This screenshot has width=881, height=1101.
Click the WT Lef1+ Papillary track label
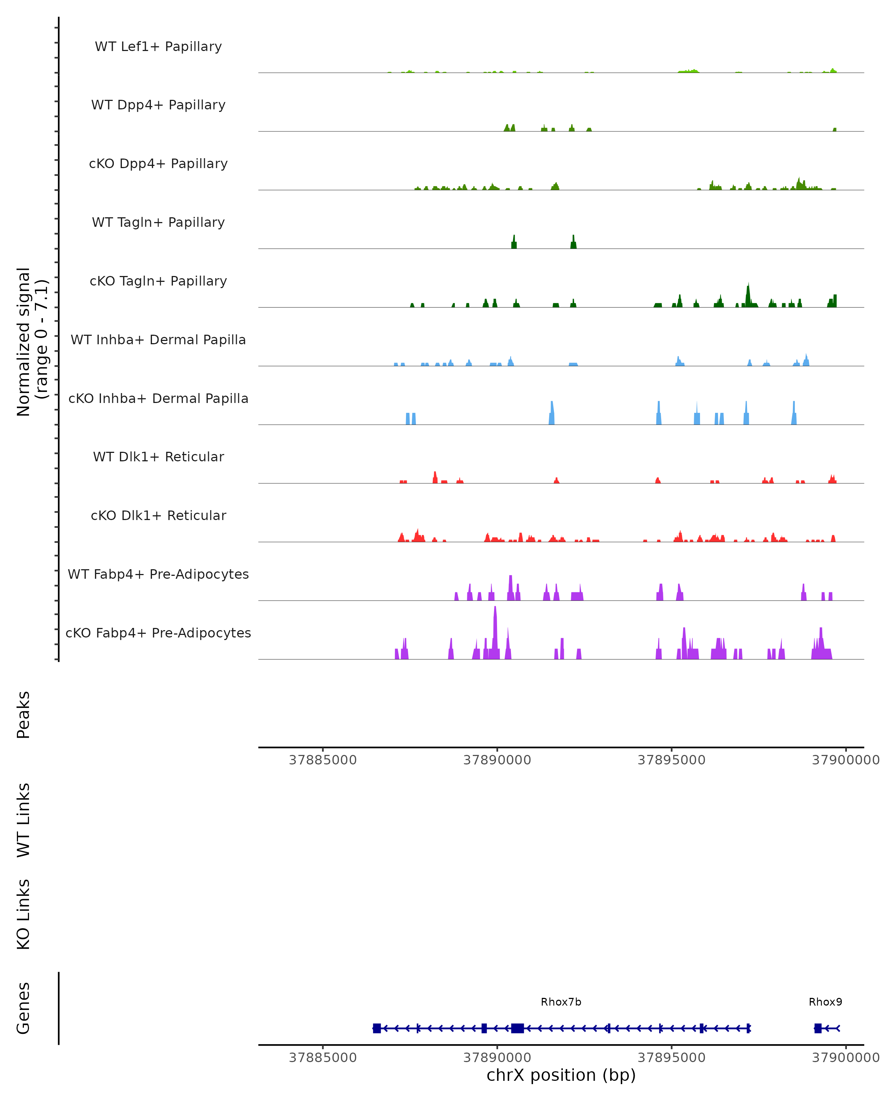(158, 47)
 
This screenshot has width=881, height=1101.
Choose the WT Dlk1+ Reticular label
(158, 457)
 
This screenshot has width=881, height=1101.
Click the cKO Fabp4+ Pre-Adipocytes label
(158, 633)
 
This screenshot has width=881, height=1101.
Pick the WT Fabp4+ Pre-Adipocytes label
(158, 574)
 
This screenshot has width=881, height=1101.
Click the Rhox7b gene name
(561, 1002)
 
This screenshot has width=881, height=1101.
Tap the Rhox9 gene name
(825, 1002)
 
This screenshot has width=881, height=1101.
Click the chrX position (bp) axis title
(561, 1075)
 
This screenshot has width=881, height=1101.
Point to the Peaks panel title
(23, 715)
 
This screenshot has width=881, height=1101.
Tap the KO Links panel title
(23, 914)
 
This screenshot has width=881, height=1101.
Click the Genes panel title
(23, 1008)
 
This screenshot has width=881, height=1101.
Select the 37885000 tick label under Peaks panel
(322, 760)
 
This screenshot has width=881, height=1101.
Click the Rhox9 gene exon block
(817, 1028)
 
